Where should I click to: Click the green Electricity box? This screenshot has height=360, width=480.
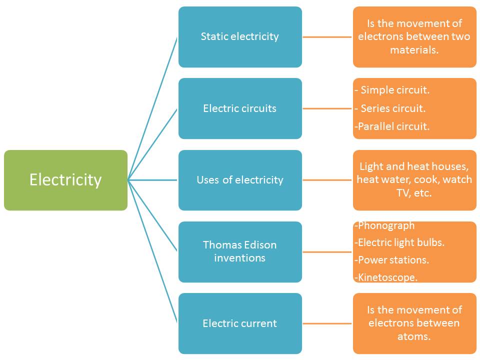click(x=65, y=180)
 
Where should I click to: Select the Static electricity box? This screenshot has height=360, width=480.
click(x=240, y=36)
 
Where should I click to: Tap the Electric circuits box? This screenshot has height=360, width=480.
click(x=240, y=108)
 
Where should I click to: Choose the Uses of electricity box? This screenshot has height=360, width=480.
click(x=240, y=180)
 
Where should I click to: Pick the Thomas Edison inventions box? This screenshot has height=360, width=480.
click(x=240, y=251)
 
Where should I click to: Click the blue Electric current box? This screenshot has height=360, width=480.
click(x=240, y=323)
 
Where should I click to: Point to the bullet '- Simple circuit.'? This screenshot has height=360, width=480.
click(x=392, y=90)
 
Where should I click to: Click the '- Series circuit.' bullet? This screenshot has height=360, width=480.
click(x=390, y=108)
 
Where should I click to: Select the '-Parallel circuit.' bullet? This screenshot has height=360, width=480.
click(x=392, y=126)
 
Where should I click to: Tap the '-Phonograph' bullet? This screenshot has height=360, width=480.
click(x=384, y=225)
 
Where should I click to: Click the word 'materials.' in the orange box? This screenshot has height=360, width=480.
click(x=414, y=50)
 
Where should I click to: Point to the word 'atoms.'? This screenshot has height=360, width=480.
click(x=414, y=336)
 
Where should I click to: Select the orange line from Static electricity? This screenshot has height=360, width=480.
click(x=327, y=37)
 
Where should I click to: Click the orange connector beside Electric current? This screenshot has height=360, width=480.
click(x=327, y=323)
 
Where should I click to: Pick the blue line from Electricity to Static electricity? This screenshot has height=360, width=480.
click(x=152, y=108)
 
